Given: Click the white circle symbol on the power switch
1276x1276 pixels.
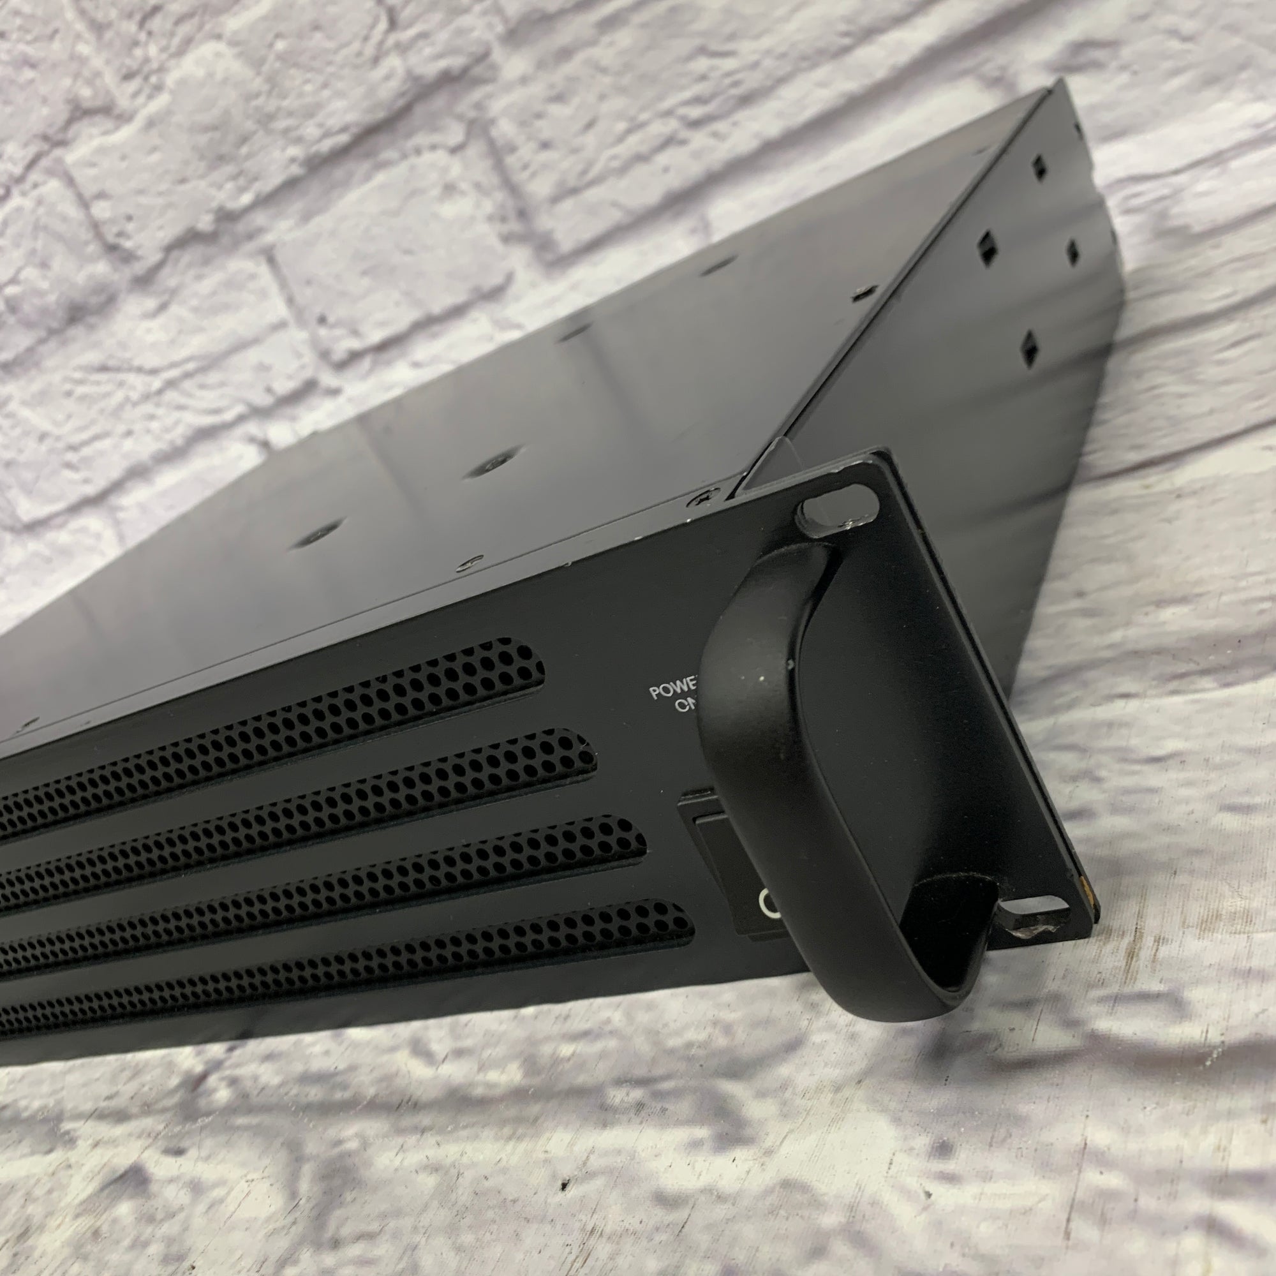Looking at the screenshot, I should point(766,900).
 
